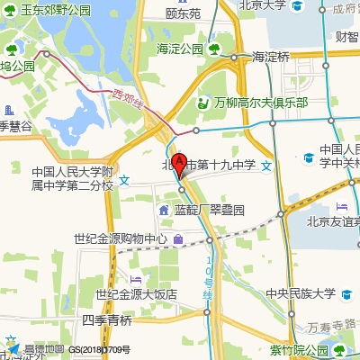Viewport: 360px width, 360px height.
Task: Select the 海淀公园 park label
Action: click(180, 49)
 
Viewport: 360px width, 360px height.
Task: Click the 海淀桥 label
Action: click(271, 57)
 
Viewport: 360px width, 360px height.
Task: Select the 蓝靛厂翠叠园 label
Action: click(210, 211)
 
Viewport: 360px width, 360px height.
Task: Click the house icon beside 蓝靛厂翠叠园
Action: click(164, 211)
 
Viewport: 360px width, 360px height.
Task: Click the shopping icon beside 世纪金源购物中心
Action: click(180, 239)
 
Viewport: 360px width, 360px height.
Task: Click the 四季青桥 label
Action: click(106, 319)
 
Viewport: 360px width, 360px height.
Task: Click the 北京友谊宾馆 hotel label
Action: click(333, 220)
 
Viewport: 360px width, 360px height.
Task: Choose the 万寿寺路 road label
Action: click(331, 326)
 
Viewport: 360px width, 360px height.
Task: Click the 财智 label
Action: click(346, 37)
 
